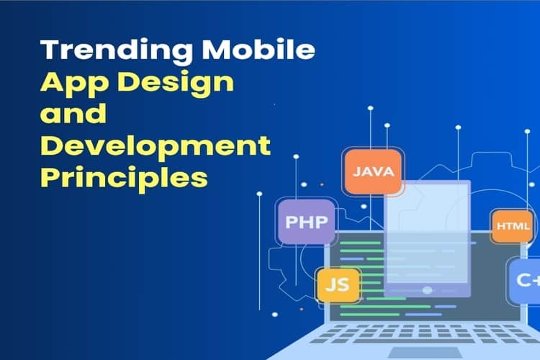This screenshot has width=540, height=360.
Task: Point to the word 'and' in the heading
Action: (x=73, y=114)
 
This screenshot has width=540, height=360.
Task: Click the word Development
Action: (x=156, y=146)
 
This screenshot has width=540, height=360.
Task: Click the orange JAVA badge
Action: (x=372, y=171)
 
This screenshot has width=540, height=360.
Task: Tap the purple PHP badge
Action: (x=306, y=220)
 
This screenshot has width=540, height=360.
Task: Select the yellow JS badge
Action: (x=337, y=283)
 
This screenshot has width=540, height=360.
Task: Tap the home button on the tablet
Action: (x=428, y=290)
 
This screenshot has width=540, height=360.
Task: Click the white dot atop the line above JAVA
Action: (x=370, y=109)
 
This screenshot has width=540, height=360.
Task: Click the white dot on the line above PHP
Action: (x=296, y=156)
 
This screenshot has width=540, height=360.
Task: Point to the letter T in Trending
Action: (x=49, y=51)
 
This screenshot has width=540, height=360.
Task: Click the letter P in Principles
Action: (x=50, y=177)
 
